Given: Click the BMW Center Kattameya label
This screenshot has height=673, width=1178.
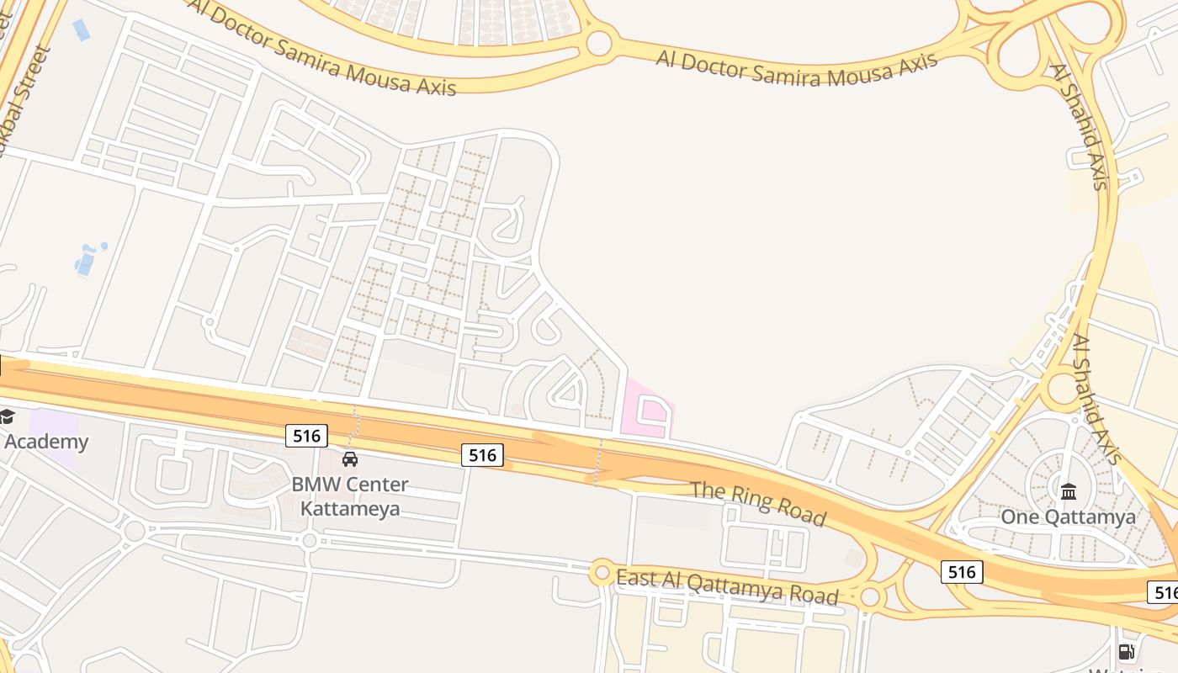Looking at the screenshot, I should [350, 496].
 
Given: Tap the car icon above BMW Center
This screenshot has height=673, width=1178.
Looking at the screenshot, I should [350, 459].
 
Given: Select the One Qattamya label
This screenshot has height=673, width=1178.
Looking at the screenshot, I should [1068, 517].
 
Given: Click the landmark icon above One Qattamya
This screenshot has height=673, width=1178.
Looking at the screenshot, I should [1069, 491].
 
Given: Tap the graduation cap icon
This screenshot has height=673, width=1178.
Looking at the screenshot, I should [7, 416].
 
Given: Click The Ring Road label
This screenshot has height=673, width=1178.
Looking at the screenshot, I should [758, 502].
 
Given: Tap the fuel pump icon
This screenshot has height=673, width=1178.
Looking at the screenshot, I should [1127, 652].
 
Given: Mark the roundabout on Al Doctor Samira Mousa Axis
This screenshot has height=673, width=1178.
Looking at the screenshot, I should [599, 42].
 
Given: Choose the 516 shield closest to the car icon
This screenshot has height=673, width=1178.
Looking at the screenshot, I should [306, 436].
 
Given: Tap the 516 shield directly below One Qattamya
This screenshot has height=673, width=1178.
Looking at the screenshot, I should [961, 573].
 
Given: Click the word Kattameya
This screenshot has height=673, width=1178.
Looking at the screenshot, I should [350, 508].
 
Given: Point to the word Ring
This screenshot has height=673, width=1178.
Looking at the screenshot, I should [754, 499].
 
